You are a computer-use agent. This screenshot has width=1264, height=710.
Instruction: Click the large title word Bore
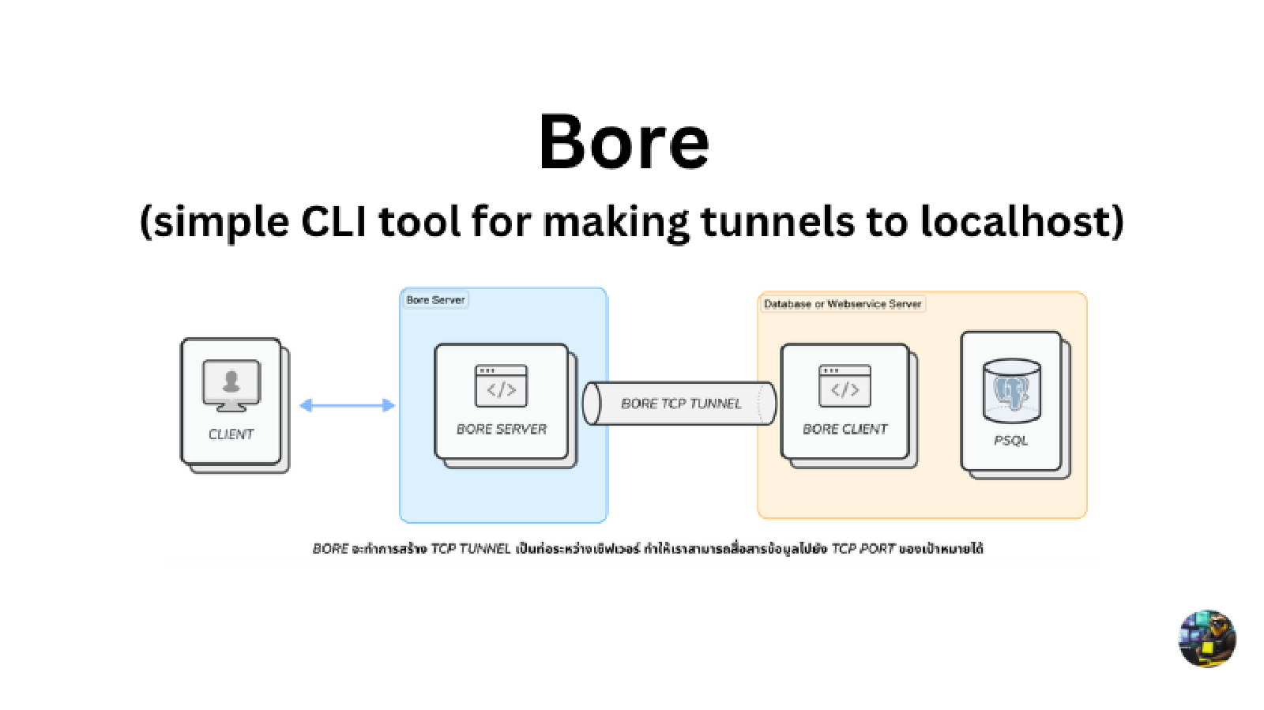[x=624, y=142]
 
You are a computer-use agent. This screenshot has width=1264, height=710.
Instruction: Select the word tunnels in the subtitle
[x=777, y=221]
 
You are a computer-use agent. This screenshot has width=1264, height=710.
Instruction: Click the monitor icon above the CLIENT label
[x=231, y=385]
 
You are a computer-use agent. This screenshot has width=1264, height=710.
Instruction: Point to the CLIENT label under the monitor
[x=231, y=434]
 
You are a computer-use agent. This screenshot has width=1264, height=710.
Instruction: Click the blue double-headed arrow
[x=347, y=405]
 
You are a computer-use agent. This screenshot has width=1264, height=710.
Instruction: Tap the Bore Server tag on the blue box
[x=435, y=300]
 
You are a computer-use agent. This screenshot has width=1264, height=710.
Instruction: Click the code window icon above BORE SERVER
[x=501, y=386]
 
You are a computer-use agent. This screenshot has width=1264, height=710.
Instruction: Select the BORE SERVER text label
[x=502, y=430]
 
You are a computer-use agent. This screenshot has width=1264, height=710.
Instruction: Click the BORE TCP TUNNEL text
[x=681, y=404]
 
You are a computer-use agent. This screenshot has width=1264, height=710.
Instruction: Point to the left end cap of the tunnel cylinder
[x=591, y=404]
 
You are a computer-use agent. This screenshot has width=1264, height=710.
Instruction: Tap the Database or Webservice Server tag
[x=842, y=304]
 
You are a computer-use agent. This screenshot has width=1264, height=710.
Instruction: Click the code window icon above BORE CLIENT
[x=845, y=386]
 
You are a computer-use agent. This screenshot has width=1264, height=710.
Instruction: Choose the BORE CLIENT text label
[x=845, y=430]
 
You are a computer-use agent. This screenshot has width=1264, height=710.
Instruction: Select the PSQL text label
[x=1011, y=441]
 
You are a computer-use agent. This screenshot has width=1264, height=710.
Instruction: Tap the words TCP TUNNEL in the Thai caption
[x=470, y=549]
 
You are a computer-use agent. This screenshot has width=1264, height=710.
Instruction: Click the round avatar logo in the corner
[x=1207, y=639]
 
